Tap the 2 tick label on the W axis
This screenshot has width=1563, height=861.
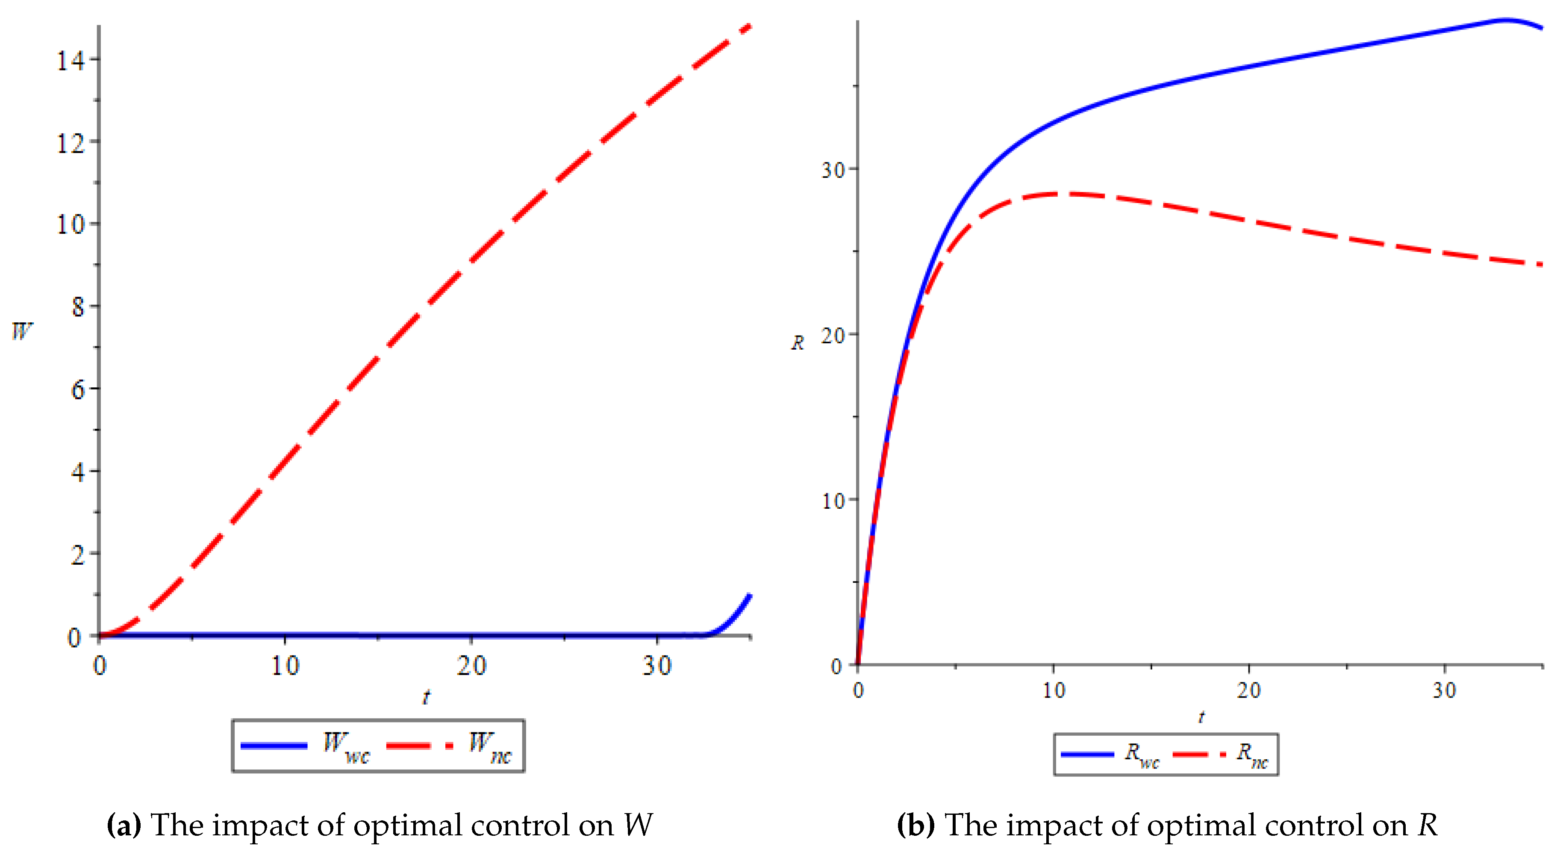point(78,554)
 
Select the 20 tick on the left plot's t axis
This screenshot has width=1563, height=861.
point(471,666)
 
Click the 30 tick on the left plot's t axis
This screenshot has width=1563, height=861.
point(657,666)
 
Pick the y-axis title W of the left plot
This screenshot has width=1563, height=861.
point(22,331)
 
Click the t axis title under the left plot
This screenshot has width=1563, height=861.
point(426,698)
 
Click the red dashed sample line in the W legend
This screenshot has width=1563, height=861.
point(419,745)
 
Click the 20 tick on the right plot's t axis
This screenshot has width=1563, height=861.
point(1249,690)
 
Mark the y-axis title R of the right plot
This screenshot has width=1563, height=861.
point(797,343)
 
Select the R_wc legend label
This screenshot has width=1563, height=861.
point(1142,755)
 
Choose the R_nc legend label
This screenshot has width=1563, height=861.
point(1252,755)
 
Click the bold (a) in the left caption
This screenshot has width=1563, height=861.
point(124,825)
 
